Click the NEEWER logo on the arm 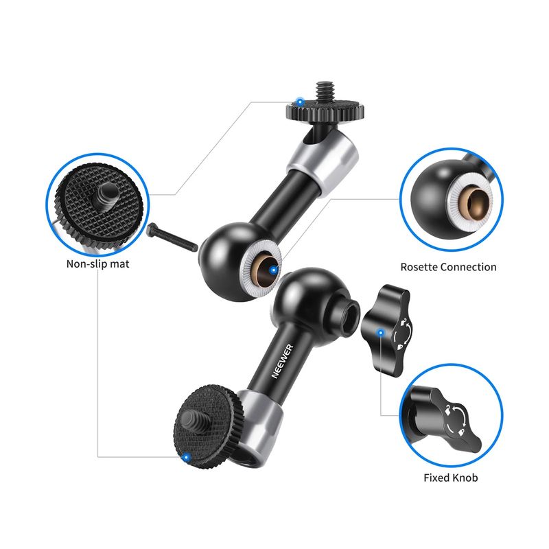(x=282, y=361)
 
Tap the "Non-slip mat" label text (x=97, y=264)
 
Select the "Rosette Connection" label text (x=448, y=267)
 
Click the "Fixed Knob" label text (x=451, y=478)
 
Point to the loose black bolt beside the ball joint (x=172, y=237)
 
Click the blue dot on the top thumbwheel (x=300, y=102)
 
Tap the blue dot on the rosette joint (x=273, y=270)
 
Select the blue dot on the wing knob (x=381, y=332)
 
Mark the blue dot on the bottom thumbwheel (x=187, y=457)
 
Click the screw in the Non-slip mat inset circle (x=106, y=196)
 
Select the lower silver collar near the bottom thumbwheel (x=259, y=426)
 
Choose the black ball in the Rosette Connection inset (x=434, y=197)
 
